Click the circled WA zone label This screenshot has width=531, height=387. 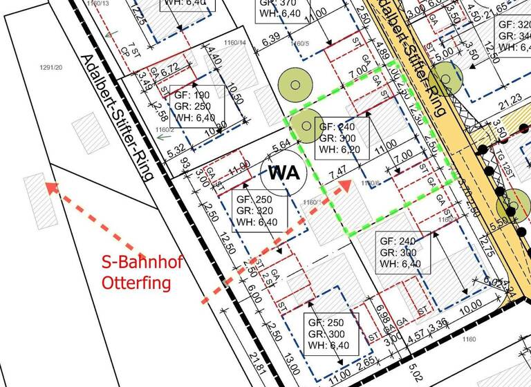pyautogui.click(x=284, y=173)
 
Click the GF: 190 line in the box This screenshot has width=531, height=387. pyautogui.click(x=192, y=95)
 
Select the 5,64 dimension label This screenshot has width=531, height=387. pyautogui.click(x=281, y=146)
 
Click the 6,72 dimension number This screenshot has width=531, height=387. pyautogui.click(x=169, y=66)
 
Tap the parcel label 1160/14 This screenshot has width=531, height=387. pyautogui.click(x=236, y=43)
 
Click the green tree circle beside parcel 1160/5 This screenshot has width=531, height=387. pyautogui.click(x=295, y=84)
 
